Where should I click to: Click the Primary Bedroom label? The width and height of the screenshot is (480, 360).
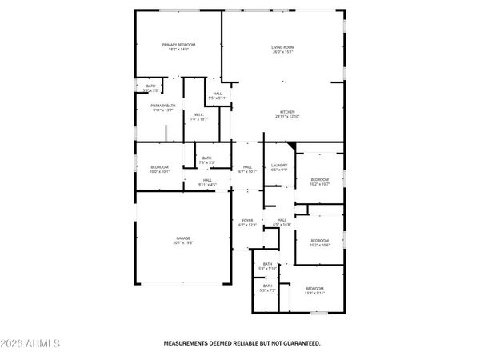pyautogui.click(x=178, y=46)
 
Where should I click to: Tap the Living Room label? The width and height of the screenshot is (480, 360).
pyautogui.click(x=283, y=50)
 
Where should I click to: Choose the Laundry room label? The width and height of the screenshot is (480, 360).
pyautogui.click(x=278, y=166)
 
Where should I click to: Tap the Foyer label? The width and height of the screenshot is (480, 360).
pyautogui.click(x=246, y=222)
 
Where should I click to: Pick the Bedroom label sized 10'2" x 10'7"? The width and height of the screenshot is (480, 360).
pyautogui.click(x=320, y=181)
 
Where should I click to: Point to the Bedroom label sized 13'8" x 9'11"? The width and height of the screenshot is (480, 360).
pyautogui.click(x=314, y=290)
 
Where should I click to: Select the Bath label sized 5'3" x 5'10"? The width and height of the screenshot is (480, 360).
pyautogui.click(x=267, y=266)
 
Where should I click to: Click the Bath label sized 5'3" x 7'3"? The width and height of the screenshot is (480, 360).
pyautogui.click(x=267, y=288)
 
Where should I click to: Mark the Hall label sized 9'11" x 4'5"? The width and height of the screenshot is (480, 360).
pyautogui.click(x=206, y=182)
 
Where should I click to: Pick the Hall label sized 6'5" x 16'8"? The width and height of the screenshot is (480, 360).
pyautogui.click(x=282, y=222)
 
